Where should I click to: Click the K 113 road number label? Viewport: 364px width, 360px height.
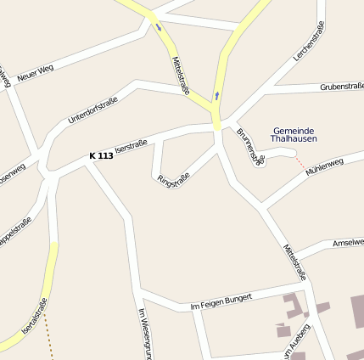(101, 156)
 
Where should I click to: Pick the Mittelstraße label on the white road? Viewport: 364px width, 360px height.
(294, 263)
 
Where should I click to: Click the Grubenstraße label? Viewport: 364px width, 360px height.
(341, 86)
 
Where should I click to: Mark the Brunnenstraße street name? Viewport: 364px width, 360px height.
(251, 146)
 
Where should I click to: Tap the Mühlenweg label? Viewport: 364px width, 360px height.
(323, 166)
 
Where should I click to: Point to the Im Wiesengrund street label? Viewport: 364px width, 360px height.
(143, 331)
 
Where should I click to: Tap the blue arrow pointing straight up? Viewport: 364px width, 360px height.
(216, 95)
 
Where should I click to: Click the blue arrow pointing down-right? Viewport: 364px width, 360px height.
(158, 27)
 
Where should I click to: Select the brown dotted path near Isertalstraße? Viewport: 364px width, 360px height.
(48, 335)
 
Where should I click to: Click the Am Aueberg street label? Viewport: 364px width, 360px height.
(298, 344)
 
